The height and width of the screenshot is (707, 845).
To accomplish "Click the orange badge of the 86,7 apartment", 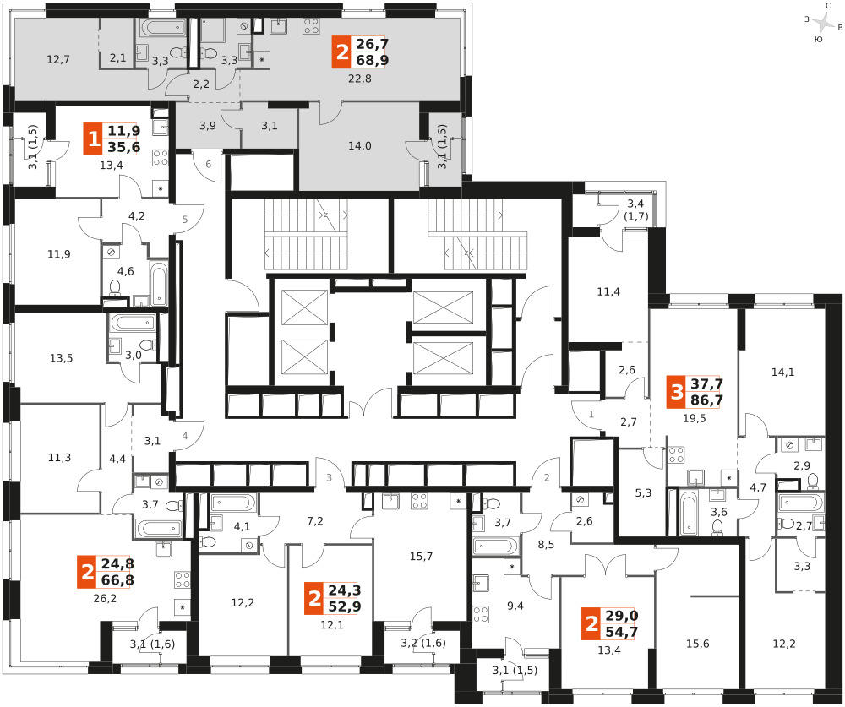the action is click(677, 392).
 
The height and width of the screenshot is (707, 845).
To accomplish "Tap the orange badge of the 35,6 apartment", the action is click(93, 139).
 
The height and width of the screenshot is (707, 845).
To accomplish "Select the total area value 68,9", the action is click(372, 60).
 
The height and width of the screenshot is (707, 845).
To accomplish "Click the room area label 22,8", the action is click(359, 79).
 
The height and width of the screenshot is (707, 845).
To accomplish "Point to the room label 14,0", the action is click(359, 145).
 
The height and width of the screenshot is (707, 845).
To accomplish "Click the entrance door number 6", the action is click(208, 165).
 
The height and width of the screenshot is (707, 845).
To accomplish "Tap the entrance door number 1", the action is click(591, 414).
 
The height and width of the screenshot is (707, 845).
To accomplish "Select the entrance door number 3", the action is click(329, 477).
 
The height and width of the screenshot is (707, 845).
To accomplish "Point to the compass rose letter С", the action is click(828, 5).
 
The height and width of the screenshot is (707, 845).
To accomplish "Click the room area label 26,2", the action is click(105, 598).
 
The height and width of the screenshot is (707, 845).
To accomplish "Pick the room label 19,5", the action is click(694, 418).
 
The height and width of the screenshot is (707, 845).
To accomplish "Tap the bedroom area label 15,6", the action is click(697, 644).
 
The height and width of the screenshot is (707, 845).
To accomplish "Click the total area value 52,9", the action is click(345, 606).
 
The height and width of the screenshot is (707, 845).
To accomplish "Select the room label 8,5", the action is click(546, 544).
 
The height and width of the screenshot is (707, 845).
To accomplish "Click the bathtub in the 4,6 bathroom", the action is click(159, 284).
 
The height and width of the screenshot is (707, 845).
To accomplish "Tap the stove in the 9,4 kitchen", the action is click(481, 614).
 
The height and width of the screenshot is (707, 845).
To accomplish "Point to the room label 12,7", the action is click(57, 59).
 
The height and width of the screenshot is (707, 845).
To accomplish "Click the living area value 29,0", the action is click(621, 616).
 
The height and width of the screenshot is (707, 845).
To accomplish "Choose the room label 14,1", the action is click(782, 372).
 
